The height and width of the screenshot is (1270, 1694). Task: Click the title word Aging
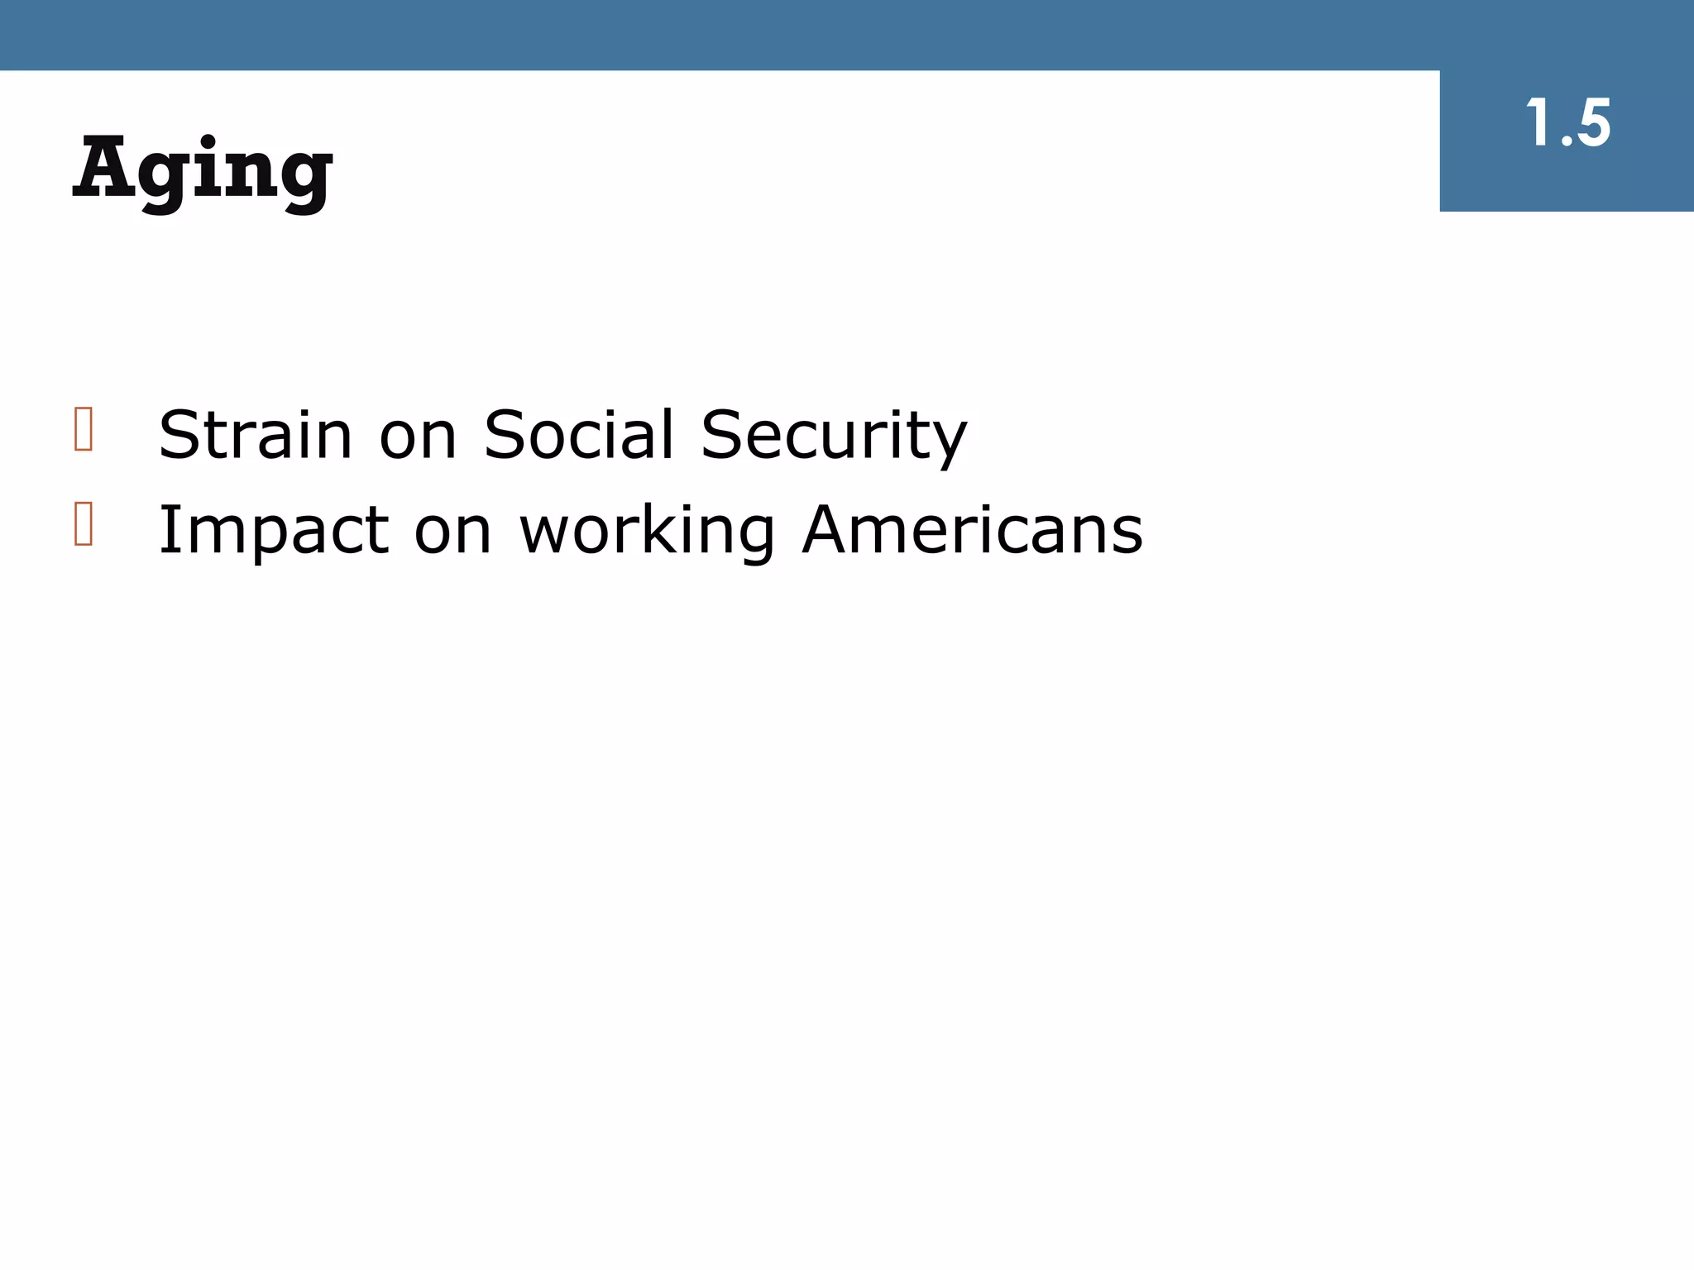(x=203, y=169)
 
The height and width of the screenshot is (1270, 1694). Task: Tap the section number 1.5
(x=1567, y=124)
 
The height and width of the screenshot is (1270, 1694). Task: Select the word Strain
(x=255, y=435)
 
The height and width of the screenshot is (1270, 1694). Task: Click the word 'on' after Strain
(x=418, y=437)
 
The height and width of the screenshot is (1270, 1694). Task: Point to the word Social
(x=579, y=435)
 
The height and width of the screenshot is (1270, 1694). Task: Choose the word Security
(x=834, y=437)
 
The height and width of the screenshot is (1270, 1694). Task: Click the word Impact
(x=273, y=531)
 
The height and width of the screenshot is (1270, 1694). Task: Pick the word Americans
(x=973, y=530)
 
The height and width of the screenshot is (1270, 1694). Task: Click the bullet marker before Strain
(x=84, y=429)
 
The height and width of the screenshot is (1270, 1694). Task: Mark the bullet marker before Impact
(x=84, y=523)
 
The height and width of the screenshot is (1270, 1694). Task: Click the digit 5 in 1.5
(x=1591, y=124)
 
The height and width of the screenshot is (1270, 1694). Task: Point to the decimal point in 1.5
(x=1566, y=142)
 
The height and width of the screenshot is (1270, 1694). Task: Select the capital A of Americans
(x=831, y=529)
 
